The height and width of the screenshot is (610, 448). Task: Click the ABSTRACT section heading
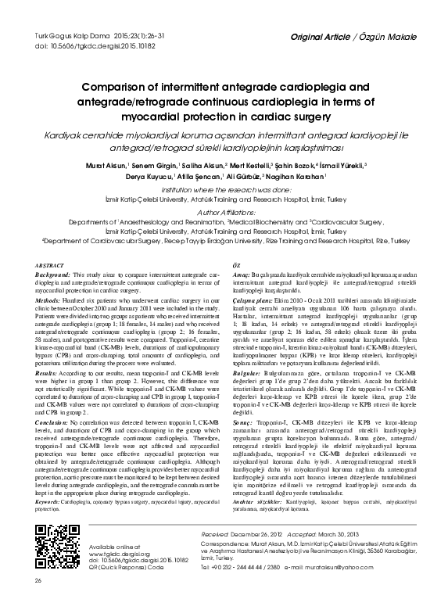click(x=52, y=266)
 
